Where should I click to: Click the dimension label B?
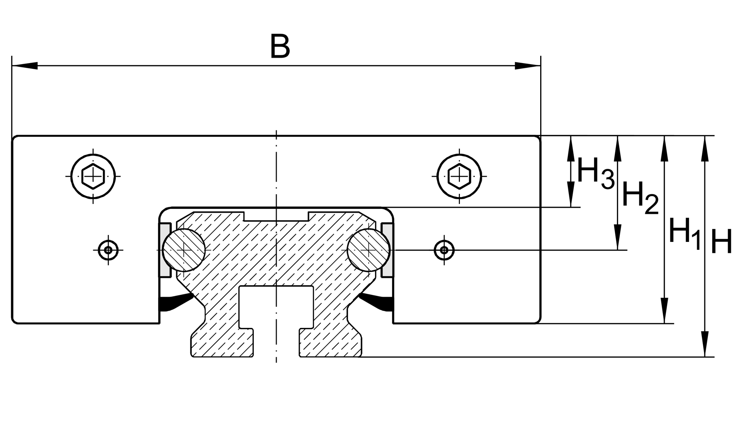point(280,47)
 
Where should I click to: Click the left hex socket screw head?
point(93,176)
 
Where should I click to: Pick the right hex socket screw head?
point(459,176)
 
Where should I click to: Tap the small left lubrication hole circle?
point(108,250)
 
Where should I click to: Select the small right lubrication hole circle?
point(444,250)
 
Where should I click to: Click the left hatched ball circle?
point(184,250)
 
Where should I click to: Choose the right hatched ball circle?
point(368,250)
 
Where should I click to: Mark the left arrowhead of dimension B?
point(25,66)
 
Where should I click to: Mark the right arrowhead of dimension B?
point(527,66)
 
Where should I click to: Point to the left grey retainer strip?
point(165,250)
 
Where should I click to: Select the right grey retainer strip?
point(387,250)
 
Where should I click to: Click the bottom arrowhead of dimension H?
point(705,344)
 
